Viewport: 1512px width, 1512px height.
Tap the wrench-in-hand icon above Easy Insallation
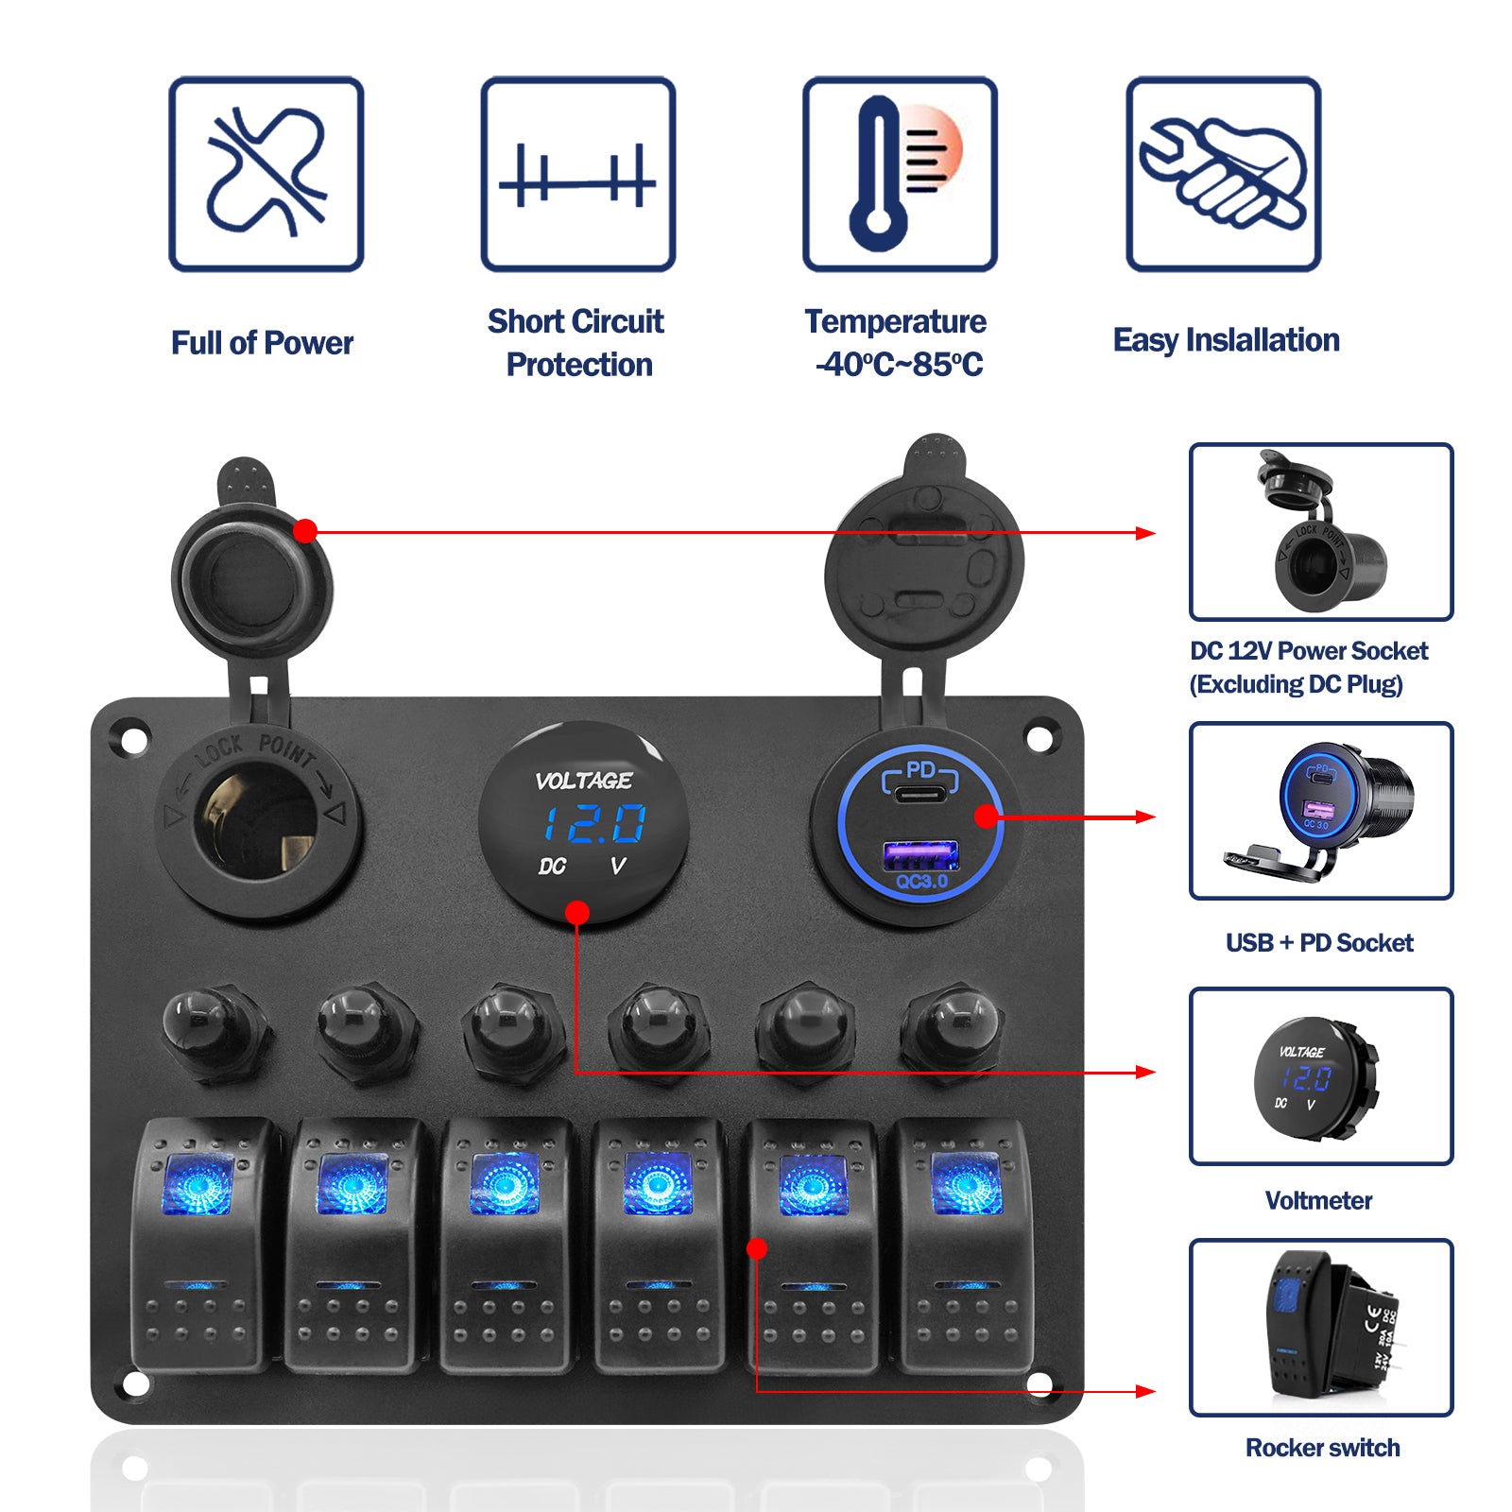[x=1223, y=174]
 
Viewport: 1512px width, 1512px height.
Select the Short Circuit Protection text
[x=576, y=342]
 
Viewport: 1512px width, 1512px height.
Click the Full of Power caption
[x=262, y=342]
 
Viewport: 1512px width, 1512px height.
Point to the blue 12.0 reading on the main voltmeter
[x=594, y=823]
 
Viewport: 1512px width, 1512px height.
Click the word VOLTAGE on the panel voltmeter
[x=583, y=781]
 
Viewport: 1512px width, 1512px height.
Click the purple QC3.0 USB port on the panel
[x=919, y=855]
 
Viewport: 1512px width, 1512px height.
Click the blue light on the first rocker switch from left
[x=198, y=1184]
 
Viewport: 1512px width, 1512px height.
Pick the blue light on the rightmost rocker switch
[x=966, y=1184]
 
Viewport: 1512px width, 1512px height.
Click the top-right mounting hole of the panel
[x=1039, y=738]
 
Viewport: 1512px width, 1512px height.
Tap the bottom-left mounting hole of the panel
[x=135, y=1384]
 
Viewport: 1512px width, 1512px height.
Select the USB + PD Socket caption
[x=1319, y=942]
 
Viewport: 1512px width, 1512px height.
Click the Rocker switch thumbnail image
[x=1321, y=1327]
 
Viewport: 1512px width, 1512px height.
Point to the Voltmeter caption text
[x=1318, y=1200]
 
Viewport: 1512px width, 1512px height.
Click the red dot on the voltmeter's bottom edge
[x=577, y=912]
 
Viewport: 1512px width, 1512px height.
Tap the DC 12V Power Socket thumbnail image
[x=1321, y=531]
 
